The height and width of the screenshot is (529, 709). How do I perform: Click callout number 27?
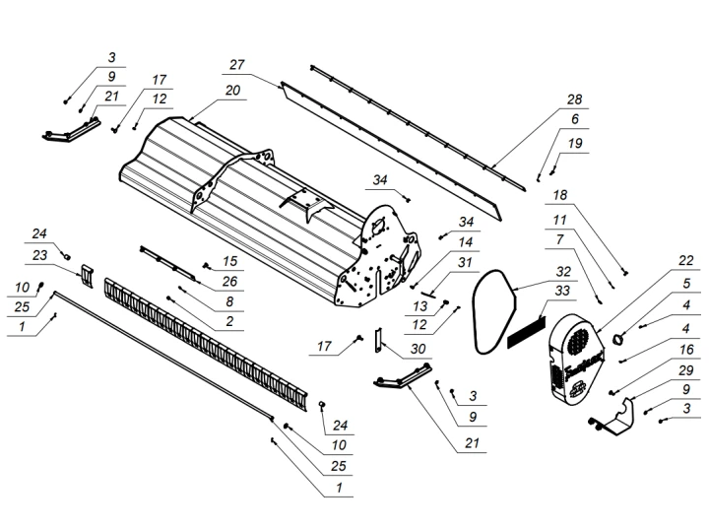tap(236, 64)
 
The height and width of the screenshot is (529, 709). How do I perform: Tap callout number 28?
tap(574, 100)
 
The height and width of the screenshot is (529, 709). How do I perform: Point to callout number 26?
tap(230, 281)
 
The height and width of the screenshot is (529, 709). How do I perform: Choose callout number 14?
tap(466, 241)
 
